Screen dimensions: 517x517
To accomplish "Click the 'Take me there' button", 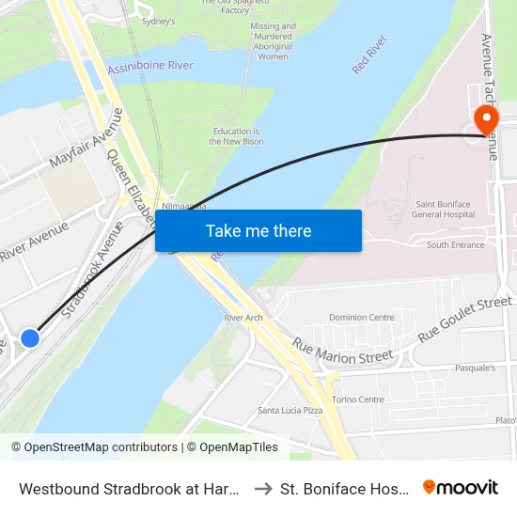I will click(x=258, y=230).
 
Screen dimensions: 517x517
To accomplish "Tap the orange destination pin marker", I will click(x=486, y=120).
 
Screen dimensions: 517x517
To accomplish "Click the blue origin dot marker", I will click(x=30, y=337).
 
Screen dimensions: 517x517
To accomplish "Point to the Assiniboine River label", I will click(x=150, y=66).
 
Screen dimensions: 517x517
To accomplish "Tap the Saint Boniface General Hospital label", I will click(x=450, y=209).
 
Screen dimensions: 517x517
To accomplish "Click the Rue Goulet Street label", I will click(x=465, y=319).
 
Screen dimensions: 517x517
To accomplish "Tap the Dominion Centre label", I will click(x=361, y=318).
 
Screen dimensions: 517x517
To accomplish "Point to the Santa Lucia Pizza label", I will click(x=290, y=411).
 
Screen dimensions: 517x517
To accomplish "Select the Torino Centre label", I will click(x=358, y=399).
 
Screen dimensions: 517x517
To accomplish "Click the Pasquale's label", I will click(x=475, y=368).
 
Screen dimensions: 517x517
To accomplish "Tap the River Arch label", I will click(x=243, y=318).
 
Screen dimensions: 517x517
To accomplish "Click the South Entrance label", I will click(x=456, y=245).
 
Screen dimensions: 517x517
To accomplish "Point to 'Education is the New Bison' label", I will click(x=237, y=136).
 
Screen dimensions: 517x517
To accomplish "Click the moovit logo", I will click(x=461, y=487).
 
